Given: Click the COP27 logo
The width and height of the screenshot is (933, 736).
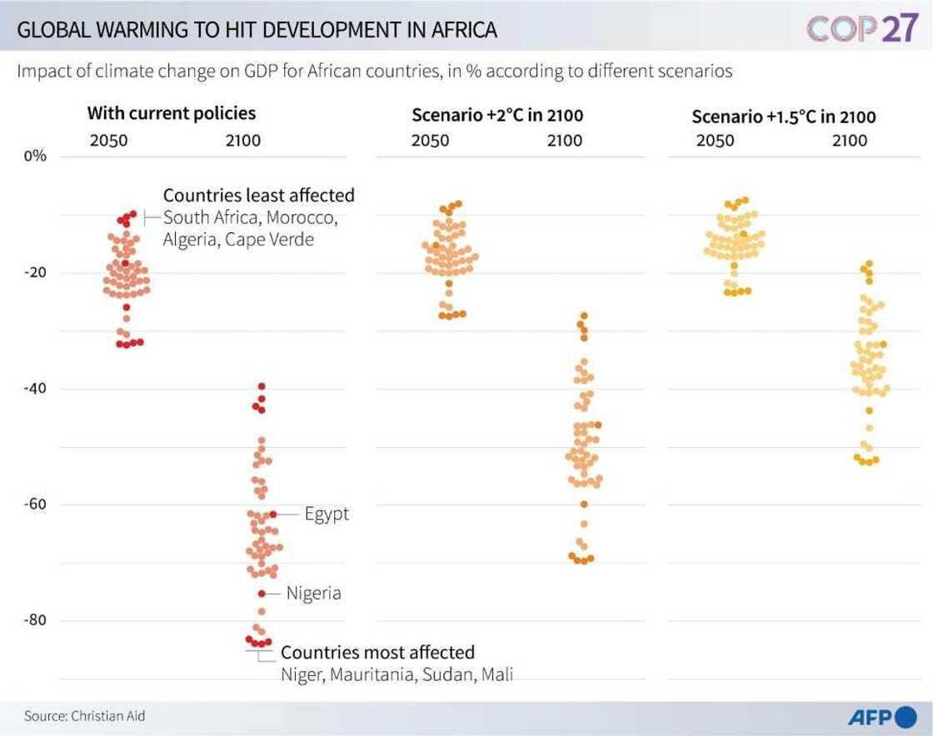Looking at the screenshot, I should click(862, 28).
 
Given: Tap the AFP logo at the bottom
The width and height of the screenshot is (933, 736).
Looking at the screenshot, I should click(882, 717).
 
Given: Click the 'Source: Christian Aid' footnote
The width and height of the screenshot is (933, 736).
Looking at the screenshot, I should click(78, 715).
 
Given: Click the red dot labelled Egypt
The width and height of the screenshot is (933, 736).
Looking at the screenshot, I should click(272, 515).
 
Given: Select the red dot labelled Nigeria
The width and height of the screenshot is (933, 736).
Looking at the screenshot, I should click(262, 594).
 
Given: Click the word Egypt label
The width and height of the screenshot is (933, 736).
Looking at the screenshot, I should click(327, 515).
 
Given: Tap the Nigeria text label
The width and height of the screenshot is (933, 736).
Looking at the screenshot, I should click(313, 594).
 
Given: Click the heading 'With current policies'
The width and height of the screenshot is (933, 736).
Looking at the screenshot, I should click(172, 113).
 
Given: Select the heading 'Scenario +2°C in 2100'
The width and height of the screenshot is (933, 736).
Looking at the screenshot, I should click(497, 115).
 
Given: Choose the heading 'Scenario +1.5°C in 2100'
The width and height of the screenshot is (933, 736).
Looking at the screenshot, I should click(784, 117).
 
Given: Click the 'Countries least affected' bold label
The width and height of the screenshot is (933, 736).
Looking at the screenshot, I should click(258, 196).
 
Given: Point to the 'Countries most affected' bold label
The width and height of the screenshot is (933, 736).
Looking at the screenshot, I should click(377, 652).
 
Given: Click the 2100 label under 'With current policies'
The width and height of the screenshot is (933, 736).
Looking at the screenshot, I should click(243, 141).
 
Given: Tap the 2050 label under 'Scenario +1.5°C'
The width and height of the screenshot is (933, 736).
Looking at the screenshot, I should click(716, 141).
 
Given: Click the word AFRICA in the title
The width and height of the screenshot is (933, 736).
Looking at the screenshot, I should click(462, 31).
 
